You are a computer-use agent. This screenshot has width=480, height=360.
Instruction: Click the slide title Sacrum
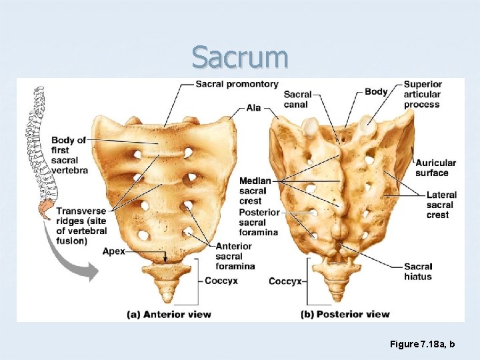click(x=240, y=57)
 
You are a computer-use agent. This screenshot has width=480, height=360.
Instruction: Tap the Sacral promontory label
click(x=237, y=84)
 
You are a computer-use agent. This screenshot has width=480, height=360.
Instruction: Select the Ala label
click(x=253, y=108)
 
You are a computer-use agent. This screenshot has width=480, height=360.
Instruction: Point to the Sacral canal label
click(x=297, y=99)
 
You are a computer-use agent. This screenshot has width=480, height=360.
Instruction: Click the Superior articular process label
click(x=423, y=94)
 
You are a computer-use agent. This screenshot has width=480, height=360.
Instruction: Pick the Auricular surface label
click(x=435, y=167)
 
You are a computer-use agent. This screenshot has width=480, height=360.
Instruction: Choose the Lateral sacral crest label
click(x=441, y=205)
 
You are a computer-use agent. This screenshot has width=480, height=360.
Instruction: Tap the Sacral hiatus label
click(x=418, y=271)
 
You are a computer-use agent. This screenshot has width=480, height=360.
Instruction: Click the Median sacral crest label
click(x=255, y=191)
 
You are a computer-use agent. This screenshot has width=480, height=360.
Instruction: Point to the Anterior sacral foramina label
click(x=235, y=256)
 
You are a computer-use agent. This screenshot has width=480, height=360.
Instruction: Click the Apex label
click(x=113, y=251)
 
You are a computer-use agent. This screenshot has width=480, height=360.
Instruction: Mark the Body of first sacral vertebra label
click(x=69, y=155)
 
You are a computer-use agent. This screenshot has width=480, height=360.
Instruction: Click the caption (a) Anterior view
click(x=169, y=314)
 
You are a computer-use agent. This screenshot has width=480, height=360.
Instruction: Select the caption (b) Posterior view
click(x=345, y=314)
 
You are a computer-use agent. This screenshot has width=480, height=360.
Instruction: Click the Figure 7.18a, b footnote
click(x=423, y=344)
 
